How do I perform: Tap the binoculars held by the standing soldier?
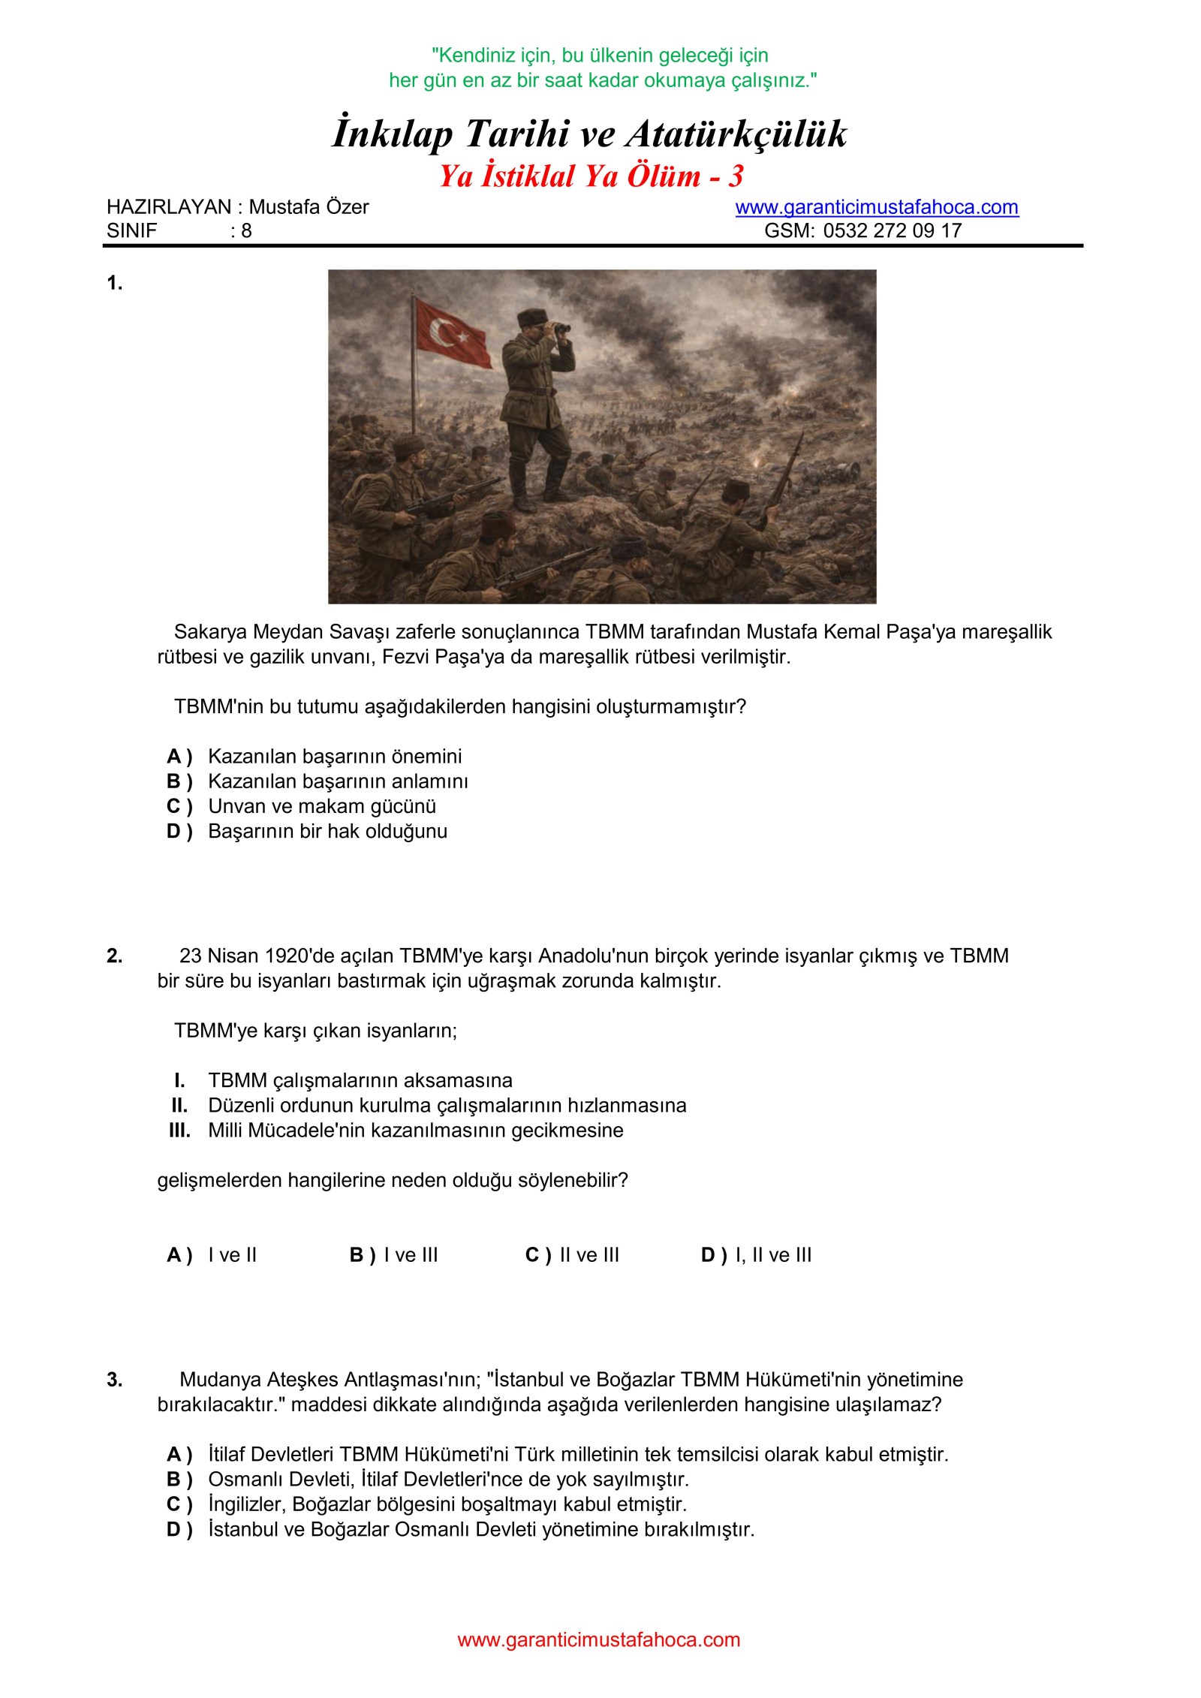click(558, 327)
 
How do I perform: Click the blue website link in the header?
click(876, 207)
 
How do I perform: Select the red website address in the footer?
click(598, 1639)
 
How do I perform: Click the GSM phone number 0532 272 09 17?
click(892, 230)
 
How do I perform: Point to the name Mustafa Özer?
click(309, 207)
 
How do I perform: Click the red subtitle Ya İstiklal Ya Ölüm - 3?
click(591, 176)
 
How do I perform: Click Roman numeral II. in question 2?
click(179, 1106)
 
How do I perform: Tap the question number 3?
click(114, 1380)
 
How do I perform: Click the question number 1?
click(114, 283)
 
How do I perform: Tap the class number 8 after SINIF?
click(246, 230)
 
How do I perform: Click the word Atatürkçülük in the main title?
click(736, 134)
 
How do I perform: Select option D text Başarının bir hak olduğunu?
click(327, 832)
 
